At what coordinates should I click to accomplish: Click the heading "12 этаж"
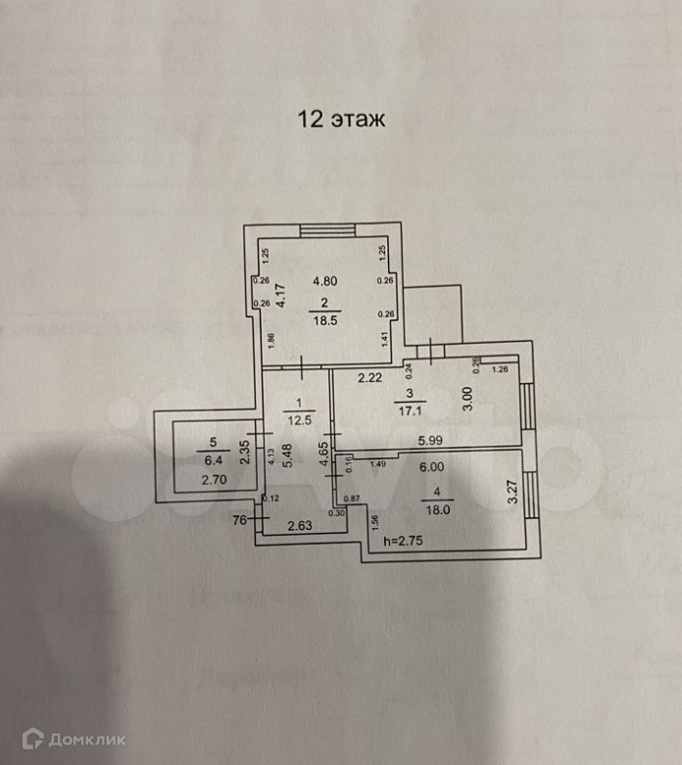[342, 120]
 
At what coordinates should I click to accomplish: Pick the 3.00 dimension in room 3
[467, 399]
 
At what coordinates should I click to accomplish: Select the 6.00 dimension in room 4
[430, 468]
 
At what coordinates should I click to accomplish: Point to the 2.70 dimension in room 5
[213, 480]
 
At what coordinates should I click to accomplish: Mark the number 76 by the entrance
[239, 520]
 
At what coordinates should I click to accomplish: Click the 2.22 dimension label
[368, 376]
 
